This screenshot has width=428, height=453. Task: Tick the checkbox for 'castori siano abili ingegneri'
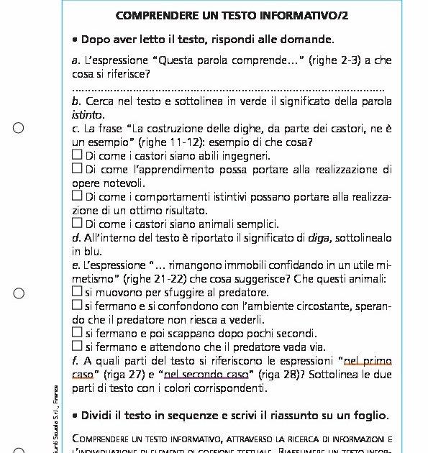click(77, 155)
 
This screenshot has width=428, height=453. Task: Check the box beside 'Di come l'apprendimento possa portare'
click(77, 169)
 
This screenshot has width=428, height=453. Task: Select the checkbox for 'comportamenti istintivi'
click(77, 196)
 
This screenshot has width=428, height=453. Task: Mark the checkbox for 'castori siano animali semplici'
click(77, 224)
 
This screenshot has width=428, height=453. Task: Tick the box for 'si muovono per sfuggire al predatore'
click(77, 292)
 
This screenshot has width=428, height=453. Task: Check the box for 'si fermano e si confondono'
click(77, 306)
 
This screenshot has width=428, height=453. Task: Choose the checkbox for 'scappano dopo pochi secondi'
click(77, 333)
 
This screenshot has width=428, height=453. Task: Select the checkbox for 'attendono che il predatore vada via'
click(77, 347)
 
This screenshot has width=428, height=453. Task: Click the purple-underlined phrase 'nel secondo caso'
click(206, 375)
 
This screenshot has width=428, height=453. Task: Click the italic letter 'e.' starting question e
click(76, 265)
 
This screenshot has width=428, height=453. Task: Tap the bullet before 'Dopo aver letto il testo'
click(76, 40)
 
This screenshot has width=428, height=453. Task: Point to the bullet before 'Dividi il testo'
click(76, 416)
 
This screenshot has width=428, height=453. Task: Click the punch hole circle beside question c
click(19, 128)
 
